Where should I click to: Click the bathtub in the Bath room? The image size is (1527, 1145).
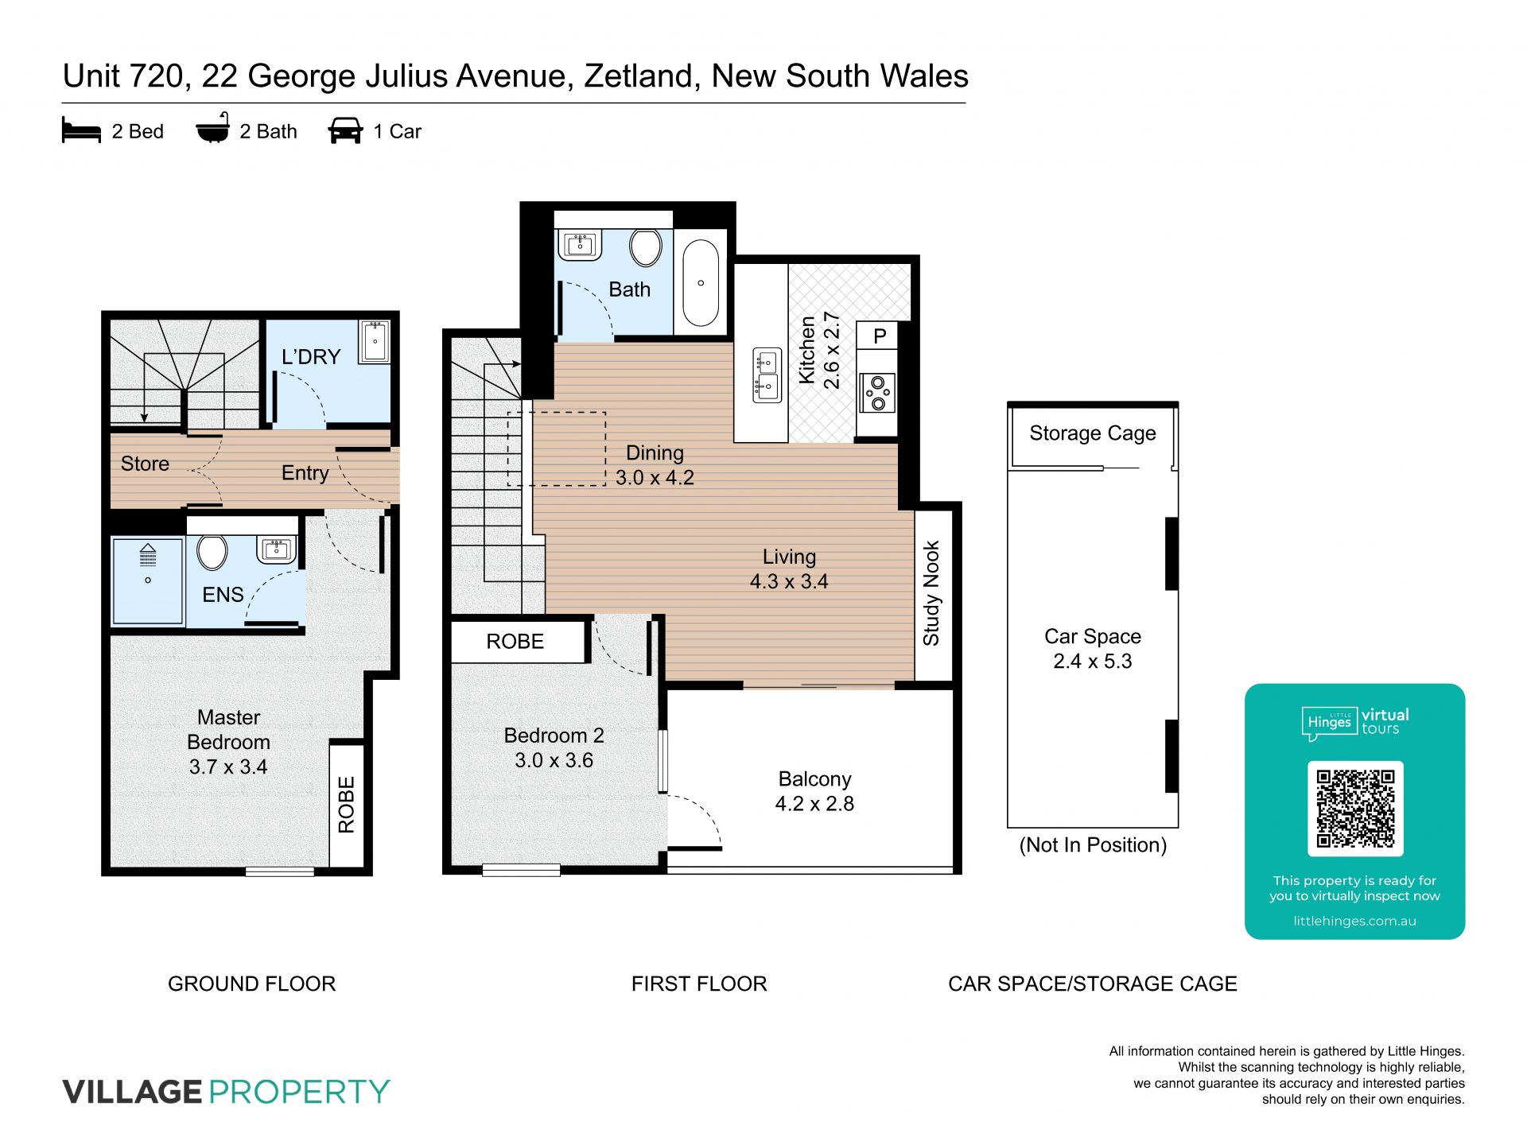[701, 283]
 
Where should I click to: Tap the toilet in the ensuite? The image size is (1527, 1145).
[212, 552]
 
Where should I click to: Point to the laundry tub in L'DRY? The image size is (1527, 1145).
[374, 341]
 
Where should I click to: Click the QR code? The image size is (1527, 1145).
[1355, 808]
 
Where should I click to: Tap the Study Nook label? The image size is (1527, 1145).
[931, 593]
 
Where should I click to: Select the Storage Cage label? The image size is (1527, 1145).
[1093, 433]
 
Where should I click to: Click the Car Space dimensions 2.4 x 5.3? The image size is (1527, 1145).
[1093, 662]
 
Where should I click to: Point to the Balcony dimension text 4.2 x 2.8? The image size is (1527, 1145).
[814, 804]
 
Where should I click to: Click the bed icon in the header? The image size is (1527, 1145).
[81, 130]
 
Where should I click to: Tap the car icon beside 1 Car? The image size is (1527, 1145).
[345, 130]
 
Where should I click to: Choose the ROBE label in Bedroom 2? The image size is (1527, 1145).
[515, 642]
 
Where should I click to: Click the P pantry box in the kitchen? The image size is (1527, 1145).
[879, 336]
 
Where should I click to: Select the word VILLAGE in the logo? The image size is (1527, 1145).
[133, 1091]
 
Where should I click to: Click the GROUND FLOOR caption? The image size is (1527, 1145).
[252, 984]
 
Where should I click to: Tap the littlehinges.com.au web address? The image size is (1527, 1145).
[1355, 921]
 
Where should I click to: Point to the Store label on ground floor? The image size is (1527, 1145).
[145, 464]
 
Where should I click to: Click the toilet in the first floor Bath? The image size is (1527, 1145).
[646, 248]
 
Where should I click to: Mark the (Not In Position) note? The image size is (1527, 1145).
[1093, 844]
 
